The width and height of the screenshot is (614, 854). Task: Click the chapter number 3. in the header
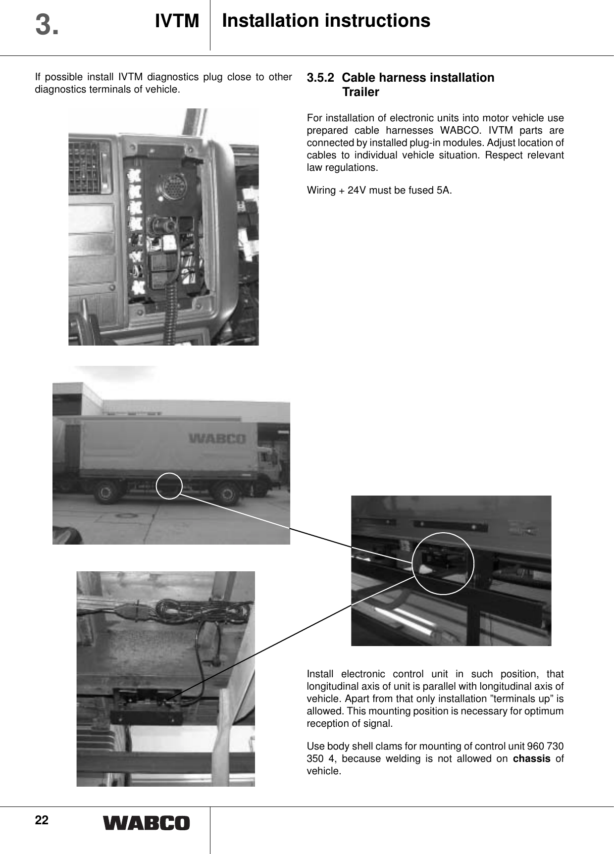[47, 25]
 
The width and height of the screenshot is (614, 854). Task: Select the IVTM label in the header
[177, 21]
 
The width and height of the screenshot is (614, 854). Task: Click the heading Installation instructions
[326, 21]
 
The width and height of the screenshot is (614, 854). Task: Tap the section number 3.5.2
[321, 78]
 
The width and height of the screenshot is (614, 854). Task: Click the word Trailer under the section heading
[360, 92]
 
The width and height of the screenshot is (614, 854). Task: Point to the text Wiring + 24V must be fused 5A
[379, 190]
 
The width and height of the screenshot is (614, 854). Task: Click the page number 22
[42, 820]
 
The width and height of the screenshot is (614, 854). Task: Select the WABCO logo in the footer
[146, 823]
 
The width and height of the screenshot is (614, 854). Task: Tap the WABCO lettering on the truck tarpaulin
[217, 439]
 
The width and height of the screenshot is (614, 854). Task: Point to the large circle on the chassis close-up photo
[444, 563]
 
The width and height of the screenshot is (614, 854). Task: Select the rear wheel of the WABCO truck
[106, 493]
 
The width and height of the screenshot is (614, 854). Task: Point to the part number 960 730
[546, 746]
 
